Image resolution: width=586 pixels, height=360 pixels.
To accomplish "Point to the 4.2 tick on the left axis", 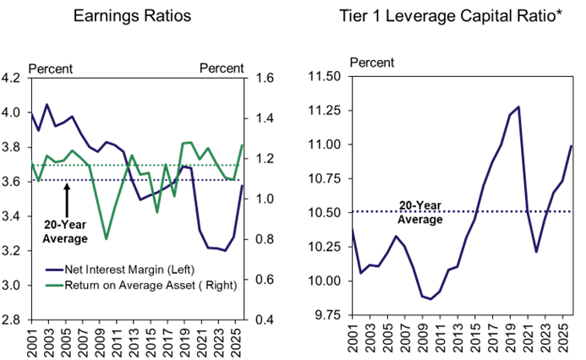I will tap(13, 79).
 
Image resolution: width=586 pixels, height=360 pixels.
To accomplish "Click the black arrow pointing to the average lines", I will tap(67, 199).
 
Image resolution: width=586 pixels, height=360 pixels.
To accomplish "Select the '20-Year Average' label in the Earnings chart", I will tap(66, 232).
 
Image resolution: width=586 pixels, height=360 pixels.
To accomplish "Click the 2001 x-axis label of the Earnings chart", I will tap(31, 340).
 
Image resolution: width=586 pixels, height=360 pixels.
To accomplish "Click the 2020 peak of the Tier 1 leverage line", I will tap(518, 107).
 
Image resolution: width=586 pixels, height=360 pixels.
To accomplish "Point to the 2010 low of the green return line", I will tap(107, 239).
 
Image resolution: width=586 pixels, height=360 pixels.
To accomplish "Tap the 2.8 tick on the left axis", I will tap(13, 320).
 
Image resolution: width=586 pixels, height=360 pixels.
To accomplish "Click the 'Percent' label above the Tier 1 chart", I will tap(371, 62).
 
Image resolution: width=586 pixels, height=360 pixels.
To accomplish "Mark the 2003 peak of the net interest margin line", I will tap(47, 105).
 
